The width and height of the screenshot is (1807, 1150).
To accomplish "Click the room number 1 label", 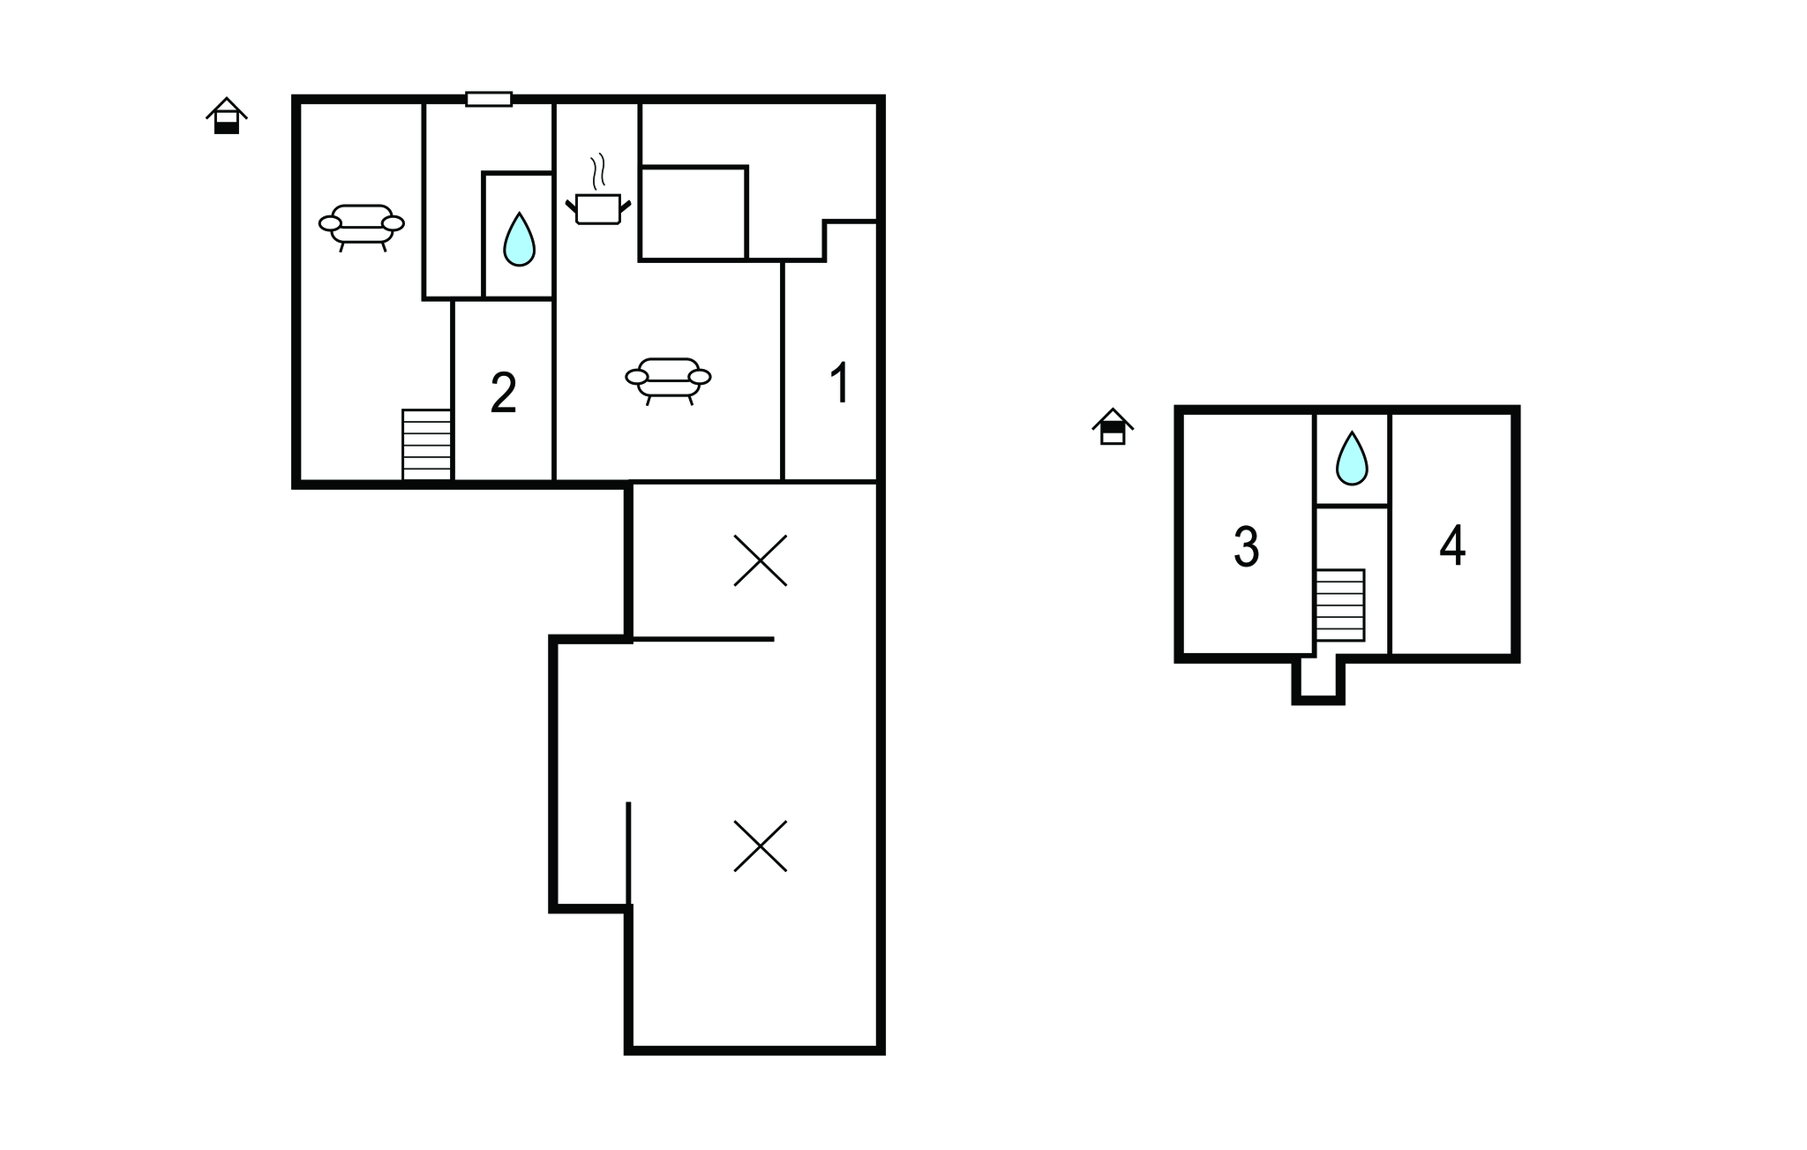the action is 840,382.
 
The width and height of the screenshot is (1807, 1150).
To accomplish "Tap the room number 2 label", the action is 503,393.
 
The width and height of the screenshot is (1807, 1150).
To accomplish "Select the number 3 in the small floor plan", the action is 1246,547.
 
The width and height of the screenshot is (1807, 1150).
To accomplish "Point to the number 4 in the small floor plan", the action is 1452,545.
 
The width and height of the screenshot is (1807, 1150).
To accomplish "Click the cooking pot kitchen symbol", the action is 598,209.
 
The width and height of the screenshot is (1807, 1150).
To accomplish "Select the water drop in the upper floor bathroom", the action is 1351,458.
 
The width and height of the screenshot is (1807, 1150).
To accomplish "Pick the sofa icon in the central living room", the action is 669,380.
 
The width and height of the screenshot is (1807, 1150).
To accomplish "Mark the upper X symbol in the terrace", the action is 761,560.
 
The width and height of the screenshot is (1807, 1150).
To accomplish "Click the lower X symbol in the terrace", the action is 761,846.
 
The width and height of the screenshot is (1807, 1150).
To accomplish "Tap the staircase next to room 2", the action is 427,445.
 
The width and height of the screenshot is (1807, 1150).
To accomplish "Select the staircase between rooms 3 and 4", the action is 1340,605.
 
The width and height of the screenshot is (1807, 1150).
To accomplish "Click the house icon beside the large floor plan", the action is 227,116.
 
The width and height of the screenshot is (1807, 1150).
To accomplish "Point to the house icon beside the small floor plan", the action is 1113,426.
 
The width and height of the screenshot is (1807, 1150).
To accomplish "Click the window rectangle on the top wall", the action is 489,99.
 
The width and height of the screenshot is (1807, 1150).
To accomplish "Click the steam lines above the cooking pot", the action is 599,173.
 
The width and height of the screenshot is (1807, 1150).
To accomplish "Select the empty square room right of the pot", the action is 694,214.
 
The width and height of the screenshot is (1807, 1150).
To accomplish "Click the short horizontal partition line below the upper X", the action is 703,639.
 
